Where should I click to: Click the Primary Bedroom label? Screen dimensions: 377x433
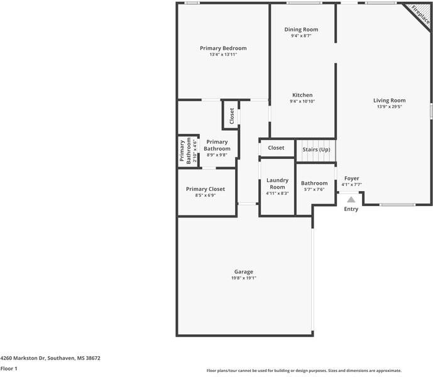[223, 48]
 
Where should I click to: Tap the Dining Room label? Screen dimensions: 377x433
[301, 30]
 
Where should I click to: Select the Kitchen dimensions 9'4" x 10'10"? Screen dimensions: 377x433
[302, 102]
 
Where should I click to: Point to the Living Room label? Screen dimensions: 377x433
[389, 101]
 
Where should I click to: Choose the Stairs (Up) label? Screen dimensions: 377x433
[316, 150]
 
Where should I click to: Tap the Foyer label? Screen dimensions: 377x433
[351, 178]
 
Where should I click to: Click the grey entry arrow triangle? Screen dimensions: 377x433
[351, 199]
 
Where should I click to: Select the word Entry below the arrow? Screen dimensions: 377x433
[351, 209]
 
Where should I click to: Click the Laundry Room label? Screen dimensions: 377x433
[277, 183]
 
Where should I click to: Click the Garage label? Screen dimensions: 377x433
[244, 272]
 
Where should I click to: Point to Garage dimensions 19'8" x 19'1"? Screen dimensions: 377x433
[244, 278]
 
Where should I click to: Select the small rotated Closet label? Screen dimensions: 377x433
[231, 116]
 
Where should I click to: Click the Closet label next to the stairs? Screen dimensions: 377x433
[277, 148]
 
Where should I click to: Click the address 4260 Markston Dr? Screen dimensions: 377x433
[50, 358]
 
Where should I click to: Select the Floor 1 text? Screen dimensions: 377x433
[9, 369]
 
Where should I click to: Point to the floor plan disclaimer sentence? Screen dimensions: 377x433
[304, 371]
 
